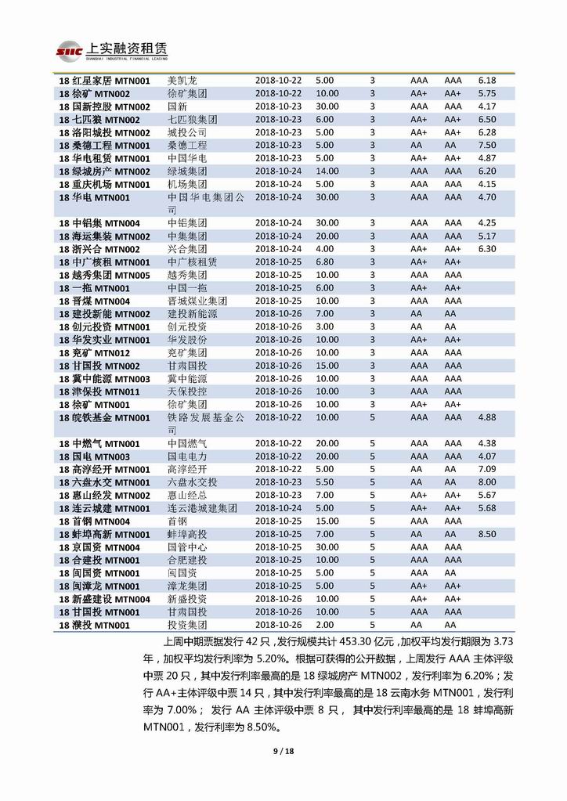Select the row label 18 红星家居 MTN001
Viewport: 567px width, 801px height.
pyautogui.click(x=104, y=81)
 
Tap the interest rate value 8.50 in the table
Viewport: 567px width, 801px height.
pyautogui.click(x=487, y=534)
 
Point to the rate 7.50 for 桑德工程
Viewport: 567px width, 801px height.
pyautogui.click(x=487, y=146)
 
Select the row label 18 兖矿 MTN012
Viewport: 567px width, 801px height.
pyautogui.click(x=100, y=353)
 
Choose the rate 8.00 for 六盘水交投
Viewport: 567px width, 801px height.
pyautogui.click(x=487, y=482)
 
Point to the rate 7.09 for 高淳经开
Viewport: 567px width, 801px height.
pyautogui.click(x=487, y=470)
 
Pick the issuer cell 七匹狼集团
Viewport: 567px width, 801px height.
pyautogui.click(x=193, y=120)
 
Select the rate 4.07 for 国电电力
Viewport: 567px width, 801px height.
pyautogui.click(x=487, y=456)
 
